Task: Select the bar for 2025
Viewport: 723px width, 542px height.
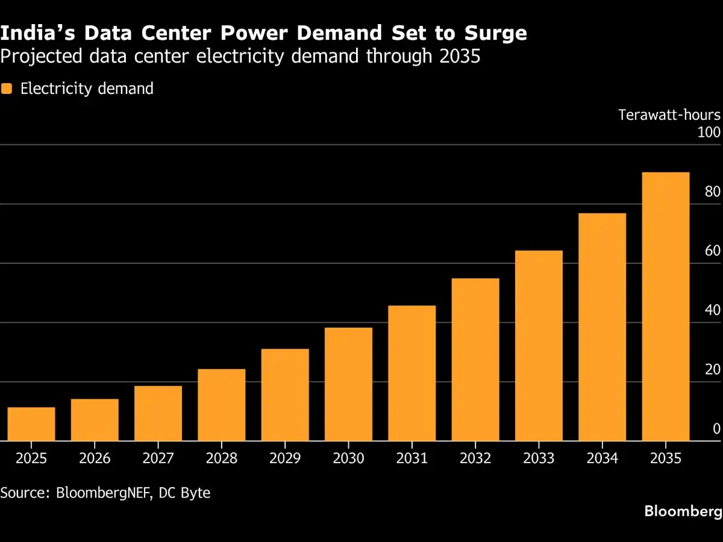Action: pyautogui.click(x=31, y=424)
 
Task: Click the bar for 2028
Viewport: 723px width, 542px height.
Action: pyautogui.click(x=222, y=405)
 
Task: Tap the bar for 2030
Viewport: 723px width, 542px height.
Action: pyautogui.click(x=348, y=384)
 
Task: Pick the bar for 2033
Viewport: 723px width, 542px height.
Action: pyautogui.click(x=539, y=346)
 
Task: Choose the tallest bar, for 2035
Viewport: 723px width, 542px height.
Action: pyautogui.click(x=666, y=307)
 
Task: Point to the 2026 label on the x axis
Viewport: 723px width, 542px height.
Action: pyautogui.click(x=95, y=458)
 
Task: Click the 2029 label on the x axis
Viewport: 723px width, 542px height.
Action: pyautogui.click(x=285, y=458)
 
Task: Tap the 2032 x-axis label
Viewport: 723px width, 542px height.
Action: pyautogui.click(x=475, y=458)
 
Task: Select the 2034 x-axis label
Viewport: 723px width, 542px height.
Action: pyautogui.click(x=602, y=458)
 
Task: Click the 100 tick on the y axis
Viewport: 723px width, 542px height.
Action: pyautogui.click(x=709, y=132)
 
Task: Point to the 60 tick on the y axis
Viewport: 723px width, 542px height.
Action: pyautogui.click(x=713, y=251)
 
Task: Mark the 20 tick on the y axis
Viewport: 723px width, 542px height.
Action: pyautogui.click(x=713, y=370)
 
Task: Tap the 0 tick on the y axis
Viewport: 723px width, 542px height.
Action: pyautogui.click(x=716, y=429)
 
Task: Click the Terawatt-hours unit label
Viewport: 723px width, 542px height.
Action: pyautogui.click(x=669, y=115)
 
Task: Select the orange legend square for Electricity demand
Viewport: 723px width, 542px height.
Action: pyautogui.click(x=7, y=89)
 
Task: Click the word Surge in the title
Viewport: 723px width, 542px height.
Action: pyautogui.click(x=495, y=34)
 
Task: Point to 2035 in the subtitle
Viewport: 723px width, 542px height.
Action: pyautogui.click(x=460, y=56)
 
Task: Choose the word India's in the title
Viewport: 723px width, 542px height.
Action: pyautogui.click(x=37, y=33)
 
